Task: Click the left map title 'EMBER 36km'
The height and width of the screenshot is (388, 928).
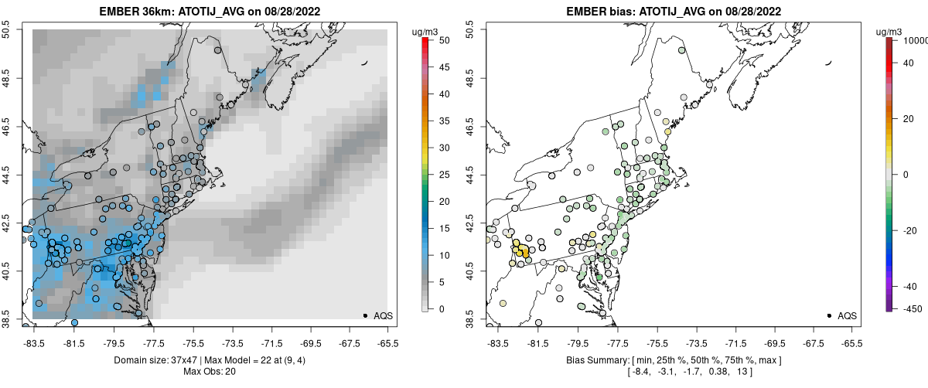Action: pos(137,12)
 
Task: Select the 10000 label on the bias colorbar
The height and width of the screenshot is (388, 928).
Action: pos(917,39)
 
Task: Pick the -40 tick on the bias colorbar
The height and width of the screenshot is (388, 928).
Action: pos(913,286)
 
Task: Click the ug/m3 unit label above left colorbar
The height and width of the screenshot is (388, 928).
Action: pos(427,31)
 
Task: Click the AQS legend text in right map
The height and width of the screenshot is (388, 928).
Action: pos(848,315)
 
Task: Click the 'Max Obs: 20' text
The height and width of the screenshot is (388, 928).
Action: pos(210,372)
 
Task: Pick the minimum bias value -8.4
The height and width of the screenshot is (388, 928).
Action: pos(641,372)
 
